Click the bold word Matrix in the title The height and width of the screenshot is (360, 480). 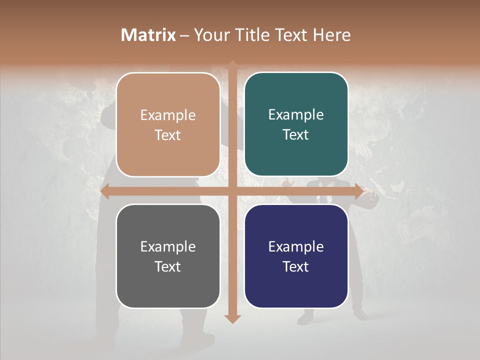[x=148, y=35]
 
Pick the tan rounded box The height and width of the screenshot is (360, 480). [x=168, y=124]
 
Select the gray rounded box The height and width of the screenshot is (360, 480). [x=168, y=256]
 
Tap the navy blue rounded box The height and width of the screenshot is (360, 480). [x=296, y=256]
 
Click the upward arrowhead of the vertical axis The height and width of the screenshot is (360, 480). [x=232, y=65]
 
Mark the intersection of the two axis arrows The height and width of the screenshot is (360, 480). [x=232, y=191]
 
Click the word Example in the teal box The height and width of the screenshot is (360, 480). [x=296, y=114]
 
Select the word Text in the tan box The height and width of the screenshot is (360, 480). [x=168, y=135]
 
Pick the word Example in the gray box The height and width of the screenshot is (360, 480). [x=168, y=246]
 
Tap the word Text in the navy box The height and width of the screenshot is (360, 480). [x=296, y=266]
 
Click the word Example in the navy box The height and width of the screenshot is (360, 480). [x=296, y=246]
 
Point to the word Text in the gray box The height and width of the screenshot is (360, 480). [x=168, y=266]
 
